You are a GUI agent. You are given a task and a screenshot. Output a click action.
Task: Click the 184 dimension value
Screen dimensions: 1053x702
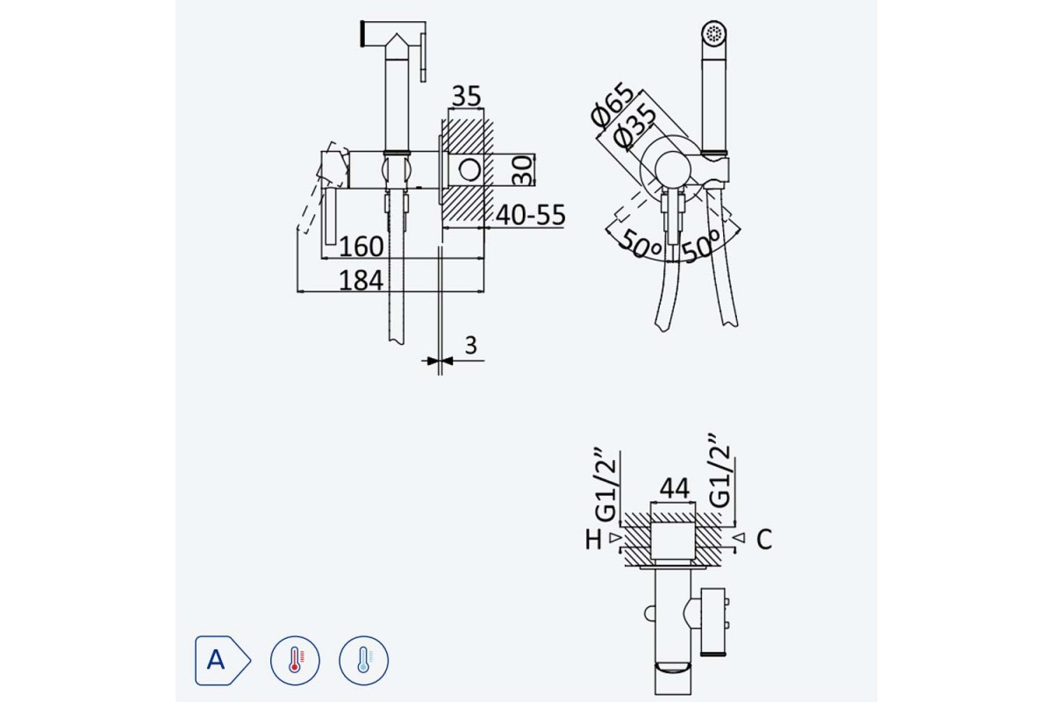(361, 281)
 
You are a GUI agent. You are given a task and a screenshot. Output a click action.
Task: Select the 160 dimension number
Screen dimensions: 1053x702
(361, 247)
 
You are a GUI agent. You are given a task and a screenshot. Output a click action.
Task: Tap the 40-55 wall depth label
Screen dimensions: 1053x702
(531, 215)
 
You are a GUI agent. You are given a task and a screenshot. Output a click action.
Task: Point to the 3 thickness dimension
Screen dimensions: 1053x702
(470, 345)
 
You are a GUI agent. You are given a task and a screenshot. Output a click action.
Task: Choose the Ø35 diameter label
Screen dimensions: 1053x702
(634, 126)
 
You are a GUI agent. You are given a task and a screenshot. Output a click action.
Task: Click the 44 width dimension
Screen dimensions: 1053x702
(674, 489)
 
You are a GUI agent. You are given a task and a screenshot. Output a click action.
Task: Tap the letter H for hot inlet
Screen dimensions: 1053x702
(593, 540)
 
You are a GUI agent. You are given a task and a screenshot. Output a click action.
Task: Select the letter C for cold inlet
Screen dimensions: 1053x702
(764, 540)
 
